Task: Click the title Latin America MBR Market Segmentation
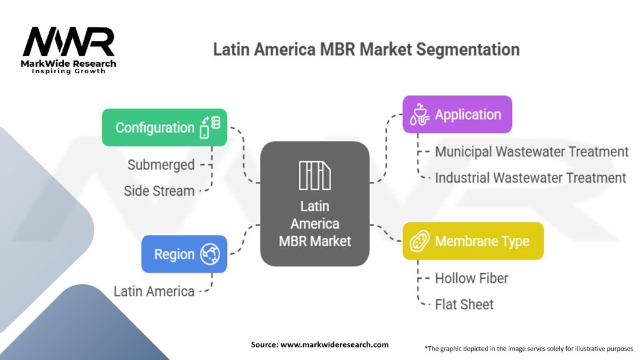click(366, 49)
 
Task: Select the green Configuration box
click(164, 127)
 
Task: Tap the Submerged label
click(161, 165)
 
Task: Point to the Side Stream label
click(159, 191)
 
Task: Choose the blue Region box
click(184, 254)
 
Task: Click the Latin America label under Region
click(154, 291)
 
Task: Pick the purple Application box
click(457, 114)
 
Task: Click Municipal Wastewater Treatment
click(531, 151)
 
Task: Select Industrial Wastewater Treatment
click(530, 177)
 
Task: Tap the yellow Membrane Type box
click(472, 241)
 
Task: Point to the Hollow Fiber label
click(471, 278)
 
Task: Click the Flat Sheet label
click(464, 304)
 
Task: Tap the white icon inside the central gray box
click(314, 175)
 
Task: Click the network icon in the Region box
click(210, 254)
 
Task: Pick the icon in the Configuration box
click(210, 127)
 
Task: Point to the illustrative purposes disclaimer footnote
click(528, 348)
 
